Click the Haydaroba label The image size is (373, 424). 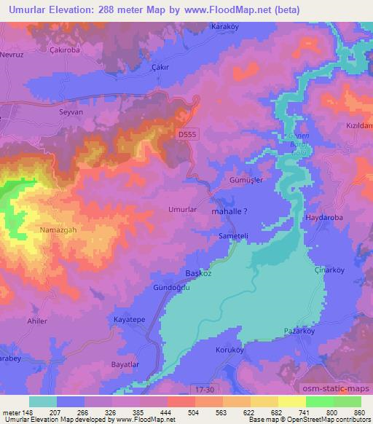pos(322,217)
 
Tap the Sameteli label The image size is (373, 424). pos(234,236)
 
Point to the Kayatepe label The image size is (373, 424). pos(128,319)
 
